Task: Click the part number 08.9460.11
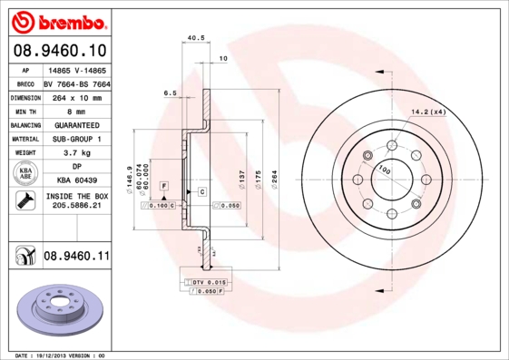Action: pyautogui.click(x=76, y=257)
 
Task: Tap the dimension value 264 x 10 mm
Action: pyautogui.click(x=76, y=96)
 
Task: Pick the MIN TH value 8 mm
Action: pyautogui.click(x=76, y=111)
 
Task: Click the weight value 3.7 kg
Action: pyautogui.click(x=76, y=153)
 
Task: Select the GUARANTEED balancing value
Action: pyautogui.click(x=76, y=124)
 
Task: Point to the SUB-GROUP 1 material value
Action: pyautogui.click(x=76, y=139)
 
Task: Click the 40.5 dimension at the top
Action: pyautogui.click(x=193, y=37)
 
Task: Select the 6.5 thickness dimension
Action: pyautogui.click(x=170, y=92)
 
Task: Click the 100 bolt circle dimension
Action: pyautogui.click(x=384, y=169)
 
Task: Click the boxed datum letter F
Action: pyautogui.click(x=164, y=185)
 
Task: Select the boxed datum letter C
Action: pyautogui.click(x=201, y=192)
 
